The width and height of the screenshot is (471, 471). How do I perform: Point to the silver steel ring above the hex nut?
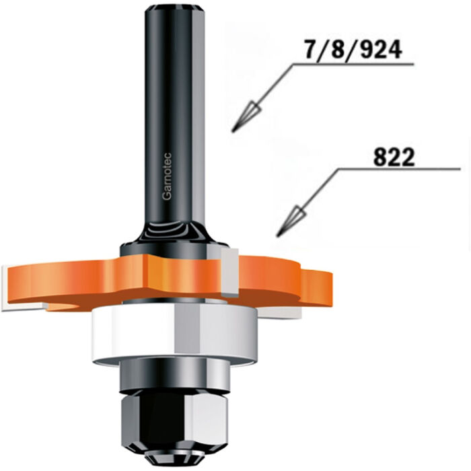point(168,377)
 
